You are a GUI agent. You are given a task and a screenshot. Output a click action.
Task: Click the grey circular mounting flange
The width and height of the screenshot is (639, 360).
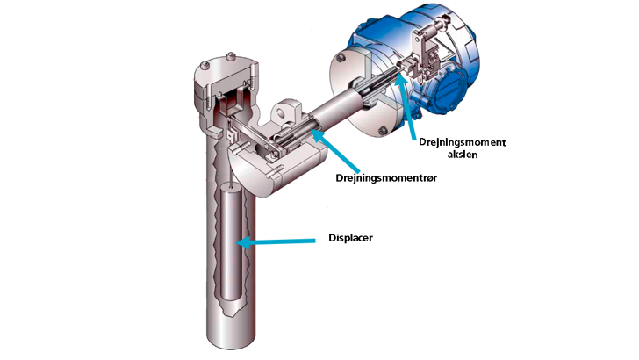[x=351, y=88]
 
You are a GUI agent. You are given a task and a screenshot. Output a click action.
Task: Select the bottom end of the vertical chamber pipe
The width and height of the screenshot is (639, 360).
[x=230, y=338]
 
